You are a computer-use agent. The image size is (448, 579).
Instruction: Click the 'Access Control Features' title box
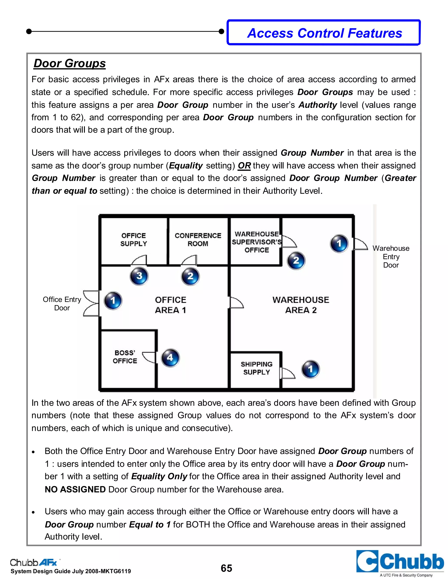point(324,33)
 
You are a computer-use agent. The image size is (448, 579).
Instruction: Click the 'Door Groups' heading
point(70,63)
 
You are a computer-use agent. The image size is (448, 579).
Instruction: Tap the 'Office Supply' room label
point(133,240)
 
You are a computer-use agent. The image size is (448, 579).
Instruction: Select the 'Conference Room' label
point(198,240)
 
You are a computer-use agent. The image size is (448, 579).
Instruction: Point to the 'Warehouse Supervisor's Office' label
point(256,242)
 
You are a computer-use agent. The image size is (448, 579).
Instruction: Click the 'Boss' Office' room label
point(125,357)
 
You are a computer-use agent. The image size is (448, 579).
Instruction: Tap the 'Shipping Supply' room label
point(256,368)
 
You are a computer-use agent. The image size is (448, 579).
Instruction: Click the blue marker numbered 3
point(139,276)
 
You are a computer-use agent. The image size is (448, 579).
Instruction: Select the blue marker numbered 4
point(170,358)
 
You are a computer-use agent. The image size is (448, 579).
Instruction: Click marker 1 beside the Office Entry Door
point(113,301)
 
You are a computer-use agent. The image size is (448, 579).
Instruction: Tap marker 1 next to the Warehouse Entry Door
point(339,243)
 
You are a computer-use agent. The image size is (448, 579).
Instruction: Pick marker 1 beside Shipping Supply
point(310,369)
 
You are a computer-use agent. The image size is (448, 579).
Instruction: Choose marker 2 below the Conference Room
point(190,276)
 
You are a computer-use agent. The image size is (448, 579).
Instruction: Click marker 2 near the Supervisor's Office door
point(296,260)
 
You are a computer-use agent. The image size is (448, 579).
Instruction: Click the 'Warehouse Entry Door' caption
point(391,257)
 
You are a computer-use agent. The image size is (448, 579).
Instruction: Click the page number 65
point(226,568)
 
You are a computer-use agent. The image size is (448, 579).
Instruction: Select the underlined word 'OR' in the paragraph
point(244,166)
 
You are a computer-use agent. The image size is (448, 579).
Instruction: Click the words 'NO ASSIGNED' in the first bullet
point(75,489)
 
